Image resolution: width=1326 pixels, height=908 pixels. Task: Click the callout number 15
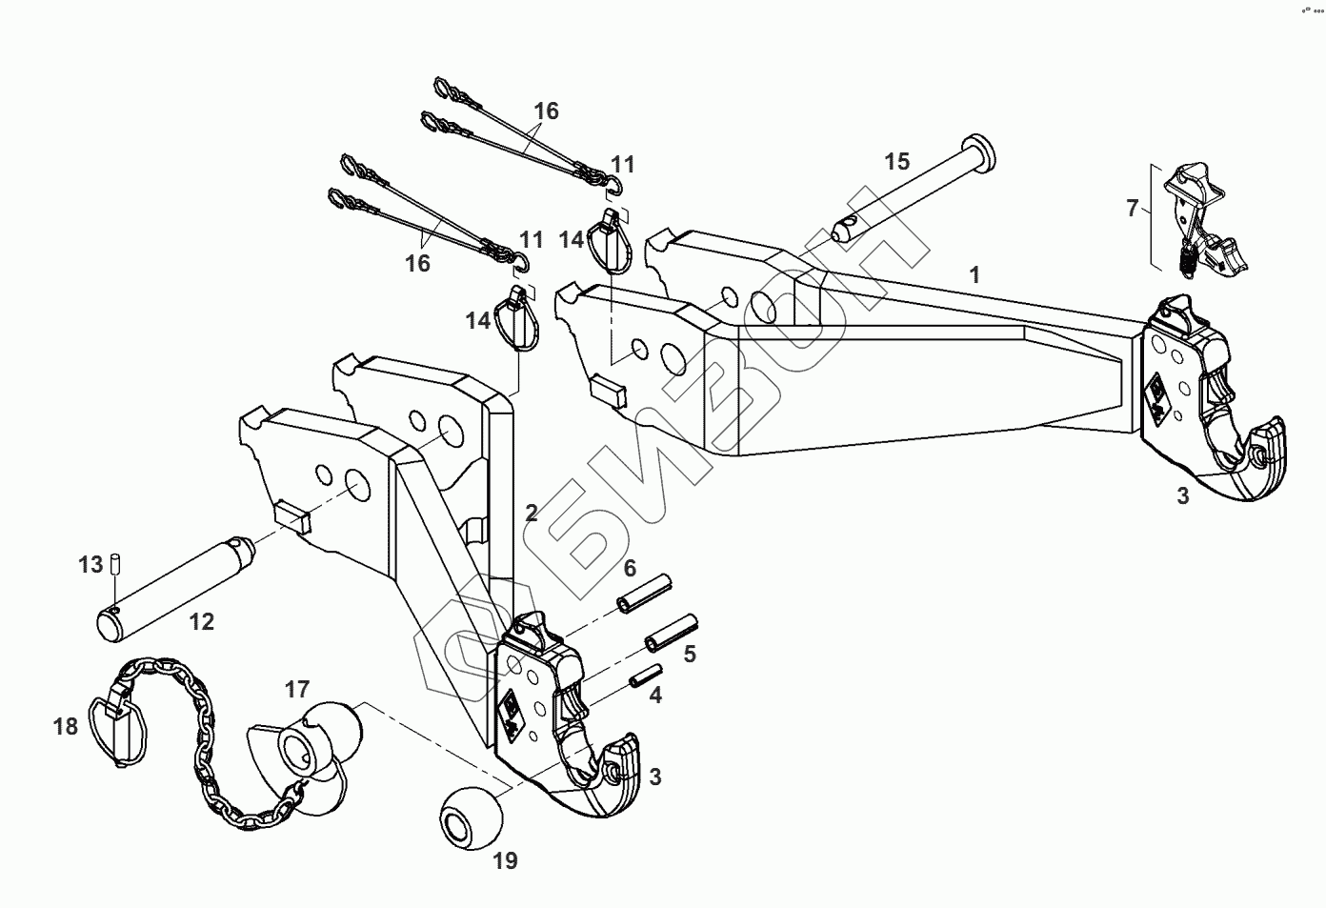897,161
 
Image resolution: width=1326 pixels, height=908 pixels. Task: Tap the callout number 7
1132,208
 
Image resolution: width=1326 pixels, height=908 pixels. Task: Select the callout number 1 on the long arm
974,275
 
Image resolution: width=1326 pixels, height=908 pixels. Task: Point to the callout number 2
532,514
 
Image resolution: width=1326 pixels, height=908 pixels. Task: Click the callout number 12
201,622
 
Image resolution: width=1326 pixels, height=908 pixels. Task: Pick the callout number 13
90,565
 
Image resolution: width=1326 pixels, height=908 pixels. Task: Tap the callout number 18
66,727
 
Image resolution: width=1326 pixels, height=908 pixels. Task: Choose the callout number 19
505,861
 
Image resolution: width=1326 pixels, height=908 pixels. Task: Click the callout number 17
297,688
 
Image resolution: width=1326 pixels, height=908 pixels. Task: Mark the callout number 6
630,569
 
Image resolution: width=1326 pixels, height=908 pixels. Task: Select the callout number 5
690,654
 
